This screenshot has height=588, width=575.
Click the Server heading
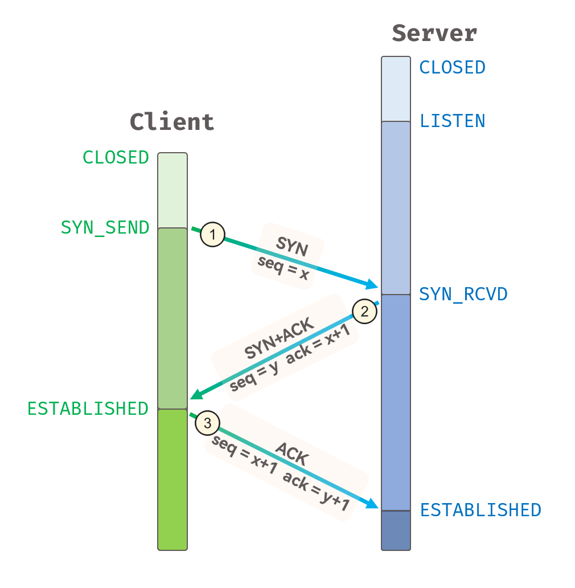[x=434, y=33]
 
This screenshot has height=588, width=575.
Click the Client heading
[x=172, y=122]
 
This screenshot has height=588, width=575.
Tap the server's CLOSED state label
[x=452, y=67]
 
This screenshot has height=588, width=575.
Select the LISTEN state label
[x=452, y=121]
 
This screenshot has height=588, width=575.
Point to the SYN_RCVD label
[x=463, y=294]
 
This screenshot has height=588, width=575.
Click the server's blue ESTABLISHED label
[x=480, y=509]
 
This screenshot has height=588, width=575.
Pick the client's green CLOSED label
[x=116, y=157]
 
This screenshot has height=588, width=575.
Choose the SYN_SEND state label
[x=105, y=227]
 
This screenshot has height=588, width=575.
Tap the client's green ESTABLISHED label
[x=88, y=409]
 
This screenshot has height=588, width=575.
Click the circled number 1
[x=213, y=234]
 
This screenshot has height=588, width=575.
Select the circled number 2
[x=364, y=311]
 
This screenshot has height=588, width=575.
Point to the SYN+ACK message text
[x=280, y=340]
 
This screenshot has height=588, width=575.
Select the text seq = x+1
[x=244, y=456]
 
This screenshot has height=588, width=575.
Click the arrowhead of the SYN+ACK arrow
[x=195, y=394]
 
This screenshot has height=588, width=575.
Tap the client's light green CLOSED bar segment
[x=172, y=190]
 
